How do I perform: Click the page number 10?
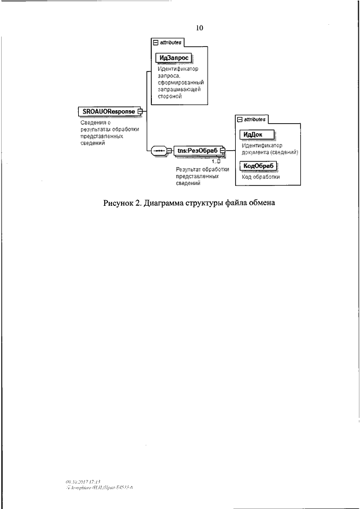pos(200,28)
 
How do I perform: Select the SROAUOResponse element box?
pos(106,111)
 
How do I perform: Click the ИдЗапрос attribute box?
pos(174,58)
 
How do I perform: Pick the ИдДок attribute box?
pos(256,134)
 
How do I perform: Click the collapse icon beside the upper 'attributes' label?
pos(156,42)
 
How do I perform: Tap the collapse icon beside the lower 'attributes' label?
pos(240,119)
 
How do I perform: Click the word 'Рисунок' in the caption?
pos(118,202)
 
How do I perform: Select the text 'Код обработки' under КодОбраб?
pos(260,177)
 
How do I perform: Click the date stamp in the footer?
pos(82,482)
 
